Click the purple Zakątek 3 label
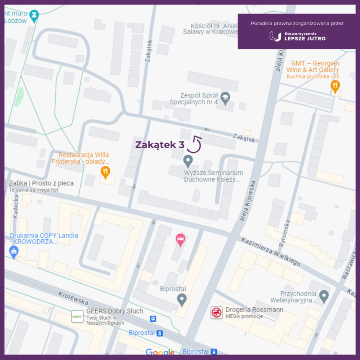[x=160, y=144]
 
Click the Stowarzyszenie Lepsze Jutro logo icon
[x=275, y=36]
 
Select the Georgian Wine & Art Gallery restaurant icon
[x=335, y=86]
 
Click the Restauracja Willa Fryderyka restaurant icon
[x=105, y=172]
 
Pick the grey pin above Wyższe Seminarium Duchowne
[x=188, y=161]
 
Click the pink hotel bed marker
[x=181, y=240]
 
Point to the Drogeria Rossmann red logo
[x=217, y=313]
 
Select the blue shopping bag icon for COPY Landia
[x=14, y=252]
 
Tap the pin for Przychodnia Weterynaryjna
[x=324, y=296]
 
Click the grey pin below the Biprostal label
[x=182, y=299]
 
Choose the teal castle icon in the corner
[x=34, y=15]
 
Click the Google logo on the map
[x=160, y=352]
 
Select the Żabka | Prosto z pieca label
[x=42, y=183]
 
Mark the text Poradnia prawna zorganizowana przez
[x=298, y=23]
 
